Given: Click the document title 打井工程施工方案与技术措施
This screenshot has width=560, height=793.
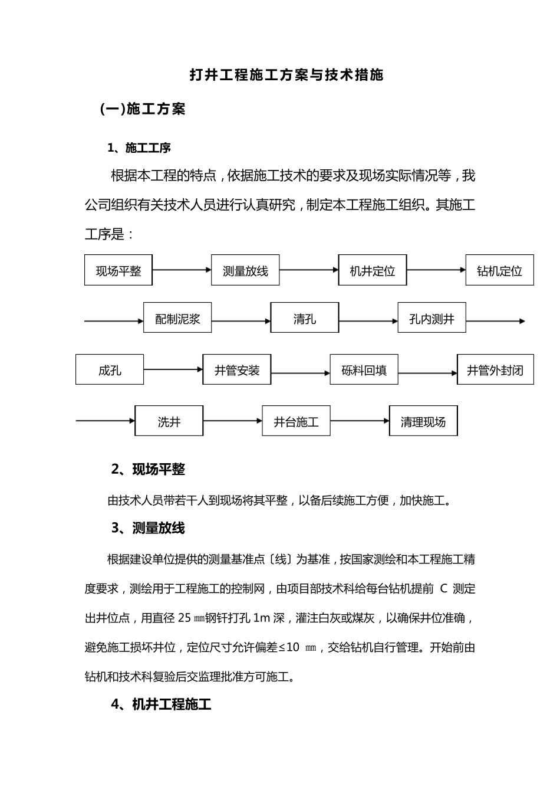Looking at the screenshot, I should (x=286, y=75).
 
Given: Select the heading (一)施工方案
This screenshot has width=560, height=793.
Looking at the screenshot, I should (x=143, y=109).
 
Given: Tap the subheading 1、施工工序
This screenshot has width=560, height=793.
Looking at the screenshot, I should (x=139, y=148).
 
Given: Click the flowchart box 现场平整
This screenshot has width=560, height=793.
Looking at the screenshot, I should (x=118, y=270).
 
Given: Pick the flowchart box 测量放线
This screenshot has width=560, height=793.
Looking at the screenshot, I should (x=245, y=270).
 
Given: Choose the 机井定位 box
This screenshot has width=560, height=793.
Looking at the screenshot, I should (x=373, y=270).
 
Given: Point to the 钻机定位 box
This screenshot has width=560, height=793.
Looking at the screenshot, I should (x=499, y=270).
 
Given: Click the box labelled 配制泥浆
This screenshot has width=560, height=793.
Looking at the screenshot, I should (x=177, y=318).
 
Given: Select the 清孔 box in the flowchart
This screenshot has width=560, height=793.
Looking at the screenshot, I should (x=305, y=318).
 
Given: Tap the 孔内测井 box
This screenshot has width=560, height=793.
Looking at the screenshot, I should (x=431, y=318).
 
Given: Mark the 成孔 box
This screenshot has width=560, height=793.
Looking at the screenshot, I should (x=110, y=370).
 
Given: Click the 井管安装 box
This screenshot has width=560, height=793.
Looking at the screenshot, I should (x=237, y=370).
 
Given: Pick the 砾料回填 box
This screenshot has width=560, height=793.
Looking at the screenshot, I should (x=364, y=370).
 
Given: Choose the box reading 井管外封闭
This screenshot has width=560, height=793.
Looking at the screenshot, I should (x=495, y=370).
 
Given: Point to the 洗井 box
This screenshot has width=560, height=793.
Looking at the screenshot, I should (x=169, y=421).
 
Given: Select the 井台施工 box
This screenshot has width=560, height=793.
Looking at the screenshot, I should (x=296, y=421).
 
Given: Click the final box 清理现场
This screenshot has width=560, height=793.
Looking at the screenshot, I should (x=423, y=421).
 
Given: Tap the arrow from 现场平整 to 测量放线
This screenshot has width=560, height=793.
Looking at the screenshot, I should (x=182, y=270).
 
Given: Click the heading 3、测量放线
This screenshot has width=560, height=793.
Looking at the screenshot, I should (x=148, y=528).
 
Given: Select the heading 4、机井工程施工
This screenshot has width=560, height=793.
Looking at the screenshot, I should (x=161, y=704).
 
